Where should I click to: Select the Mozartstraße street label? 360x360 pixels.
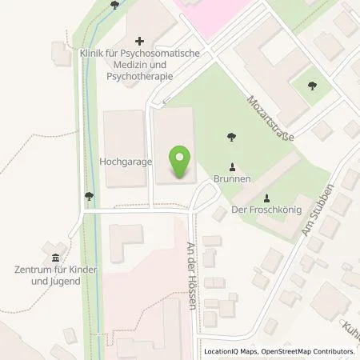(x=270, y=118)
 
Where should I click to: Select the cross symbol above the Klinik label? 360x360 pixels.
(x=139, y=40)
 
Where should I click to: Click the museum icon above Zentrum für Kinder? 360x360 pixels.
(x=54, y=258)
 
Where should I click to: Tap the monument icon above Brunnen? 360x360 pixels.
(x=232, y=168)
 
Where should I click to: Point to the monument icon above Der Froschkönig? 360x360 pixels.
(x=266, y=198)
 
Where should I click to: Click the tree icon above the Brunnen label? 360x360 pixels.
(x=232, y=136)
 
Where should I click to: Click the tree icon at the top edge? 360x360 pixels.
(x=115, y=5)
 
